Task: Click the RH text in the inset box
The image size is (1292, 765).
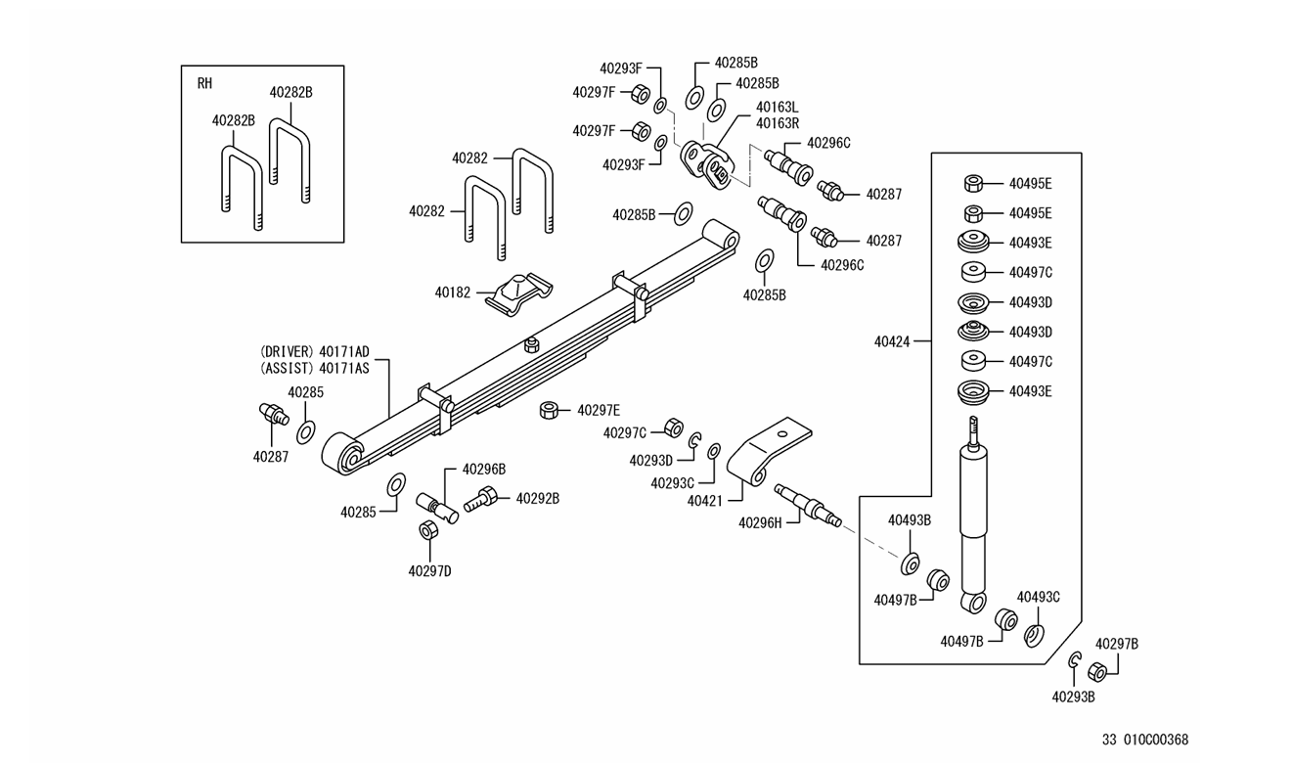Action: (x=204, y=83)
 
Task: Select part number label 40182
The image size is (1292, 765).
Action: (x=453, y=292)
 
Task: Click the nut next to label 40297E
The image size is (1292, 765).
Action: (x=549, y=409)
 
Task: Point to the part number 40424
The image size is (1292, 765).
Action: (x=892, y=341)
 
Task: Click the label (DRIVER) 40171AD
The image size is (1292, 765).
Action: (x=315, y=351)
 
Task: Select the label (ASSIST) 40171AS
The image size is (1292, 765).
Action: (x=315, y=369)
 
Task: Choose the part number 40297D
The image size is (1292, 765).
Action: (x=430, y=571)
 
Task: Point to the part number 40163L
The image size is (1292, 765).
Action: (x=778, y=107)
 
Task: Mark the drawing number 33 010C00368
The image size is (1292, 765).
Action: (x=1145, y=740)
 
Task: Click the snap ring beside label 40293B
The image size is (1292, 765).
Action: (x=1074, y=661)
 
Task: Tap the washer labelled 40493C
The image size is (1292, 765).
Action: (x=1034, y=636)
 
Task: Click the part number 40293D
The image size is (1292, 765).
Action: (x=652, y=460)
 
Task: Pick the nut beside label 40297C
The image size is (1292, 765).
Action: (x=673, y=427)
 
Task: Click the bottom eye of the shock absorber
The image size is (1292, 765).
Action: (x=973, y=602)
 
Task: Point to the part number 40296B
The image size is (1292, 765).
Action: (x=483, y=469)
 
